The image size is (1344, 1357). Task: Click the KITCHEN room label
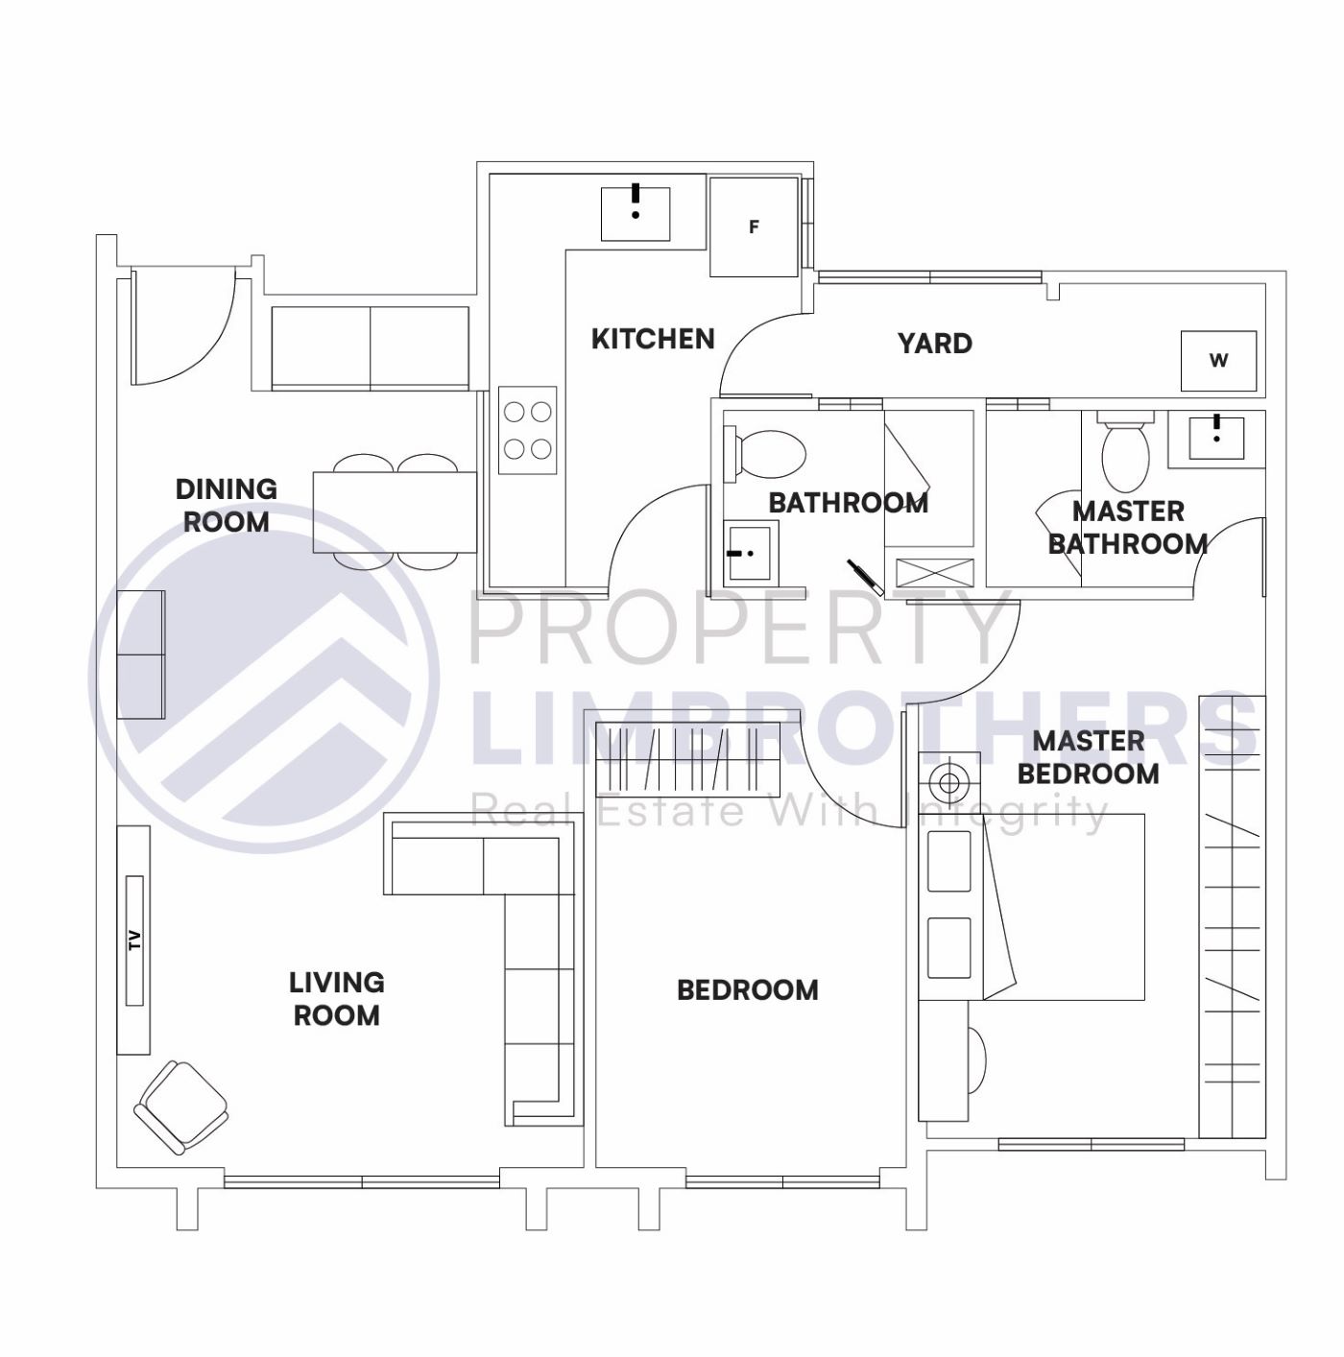click(653, 339)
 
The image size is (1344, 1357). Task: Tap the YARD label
click(934, 344)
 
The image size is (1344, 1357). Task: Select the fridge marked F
click(754, 227)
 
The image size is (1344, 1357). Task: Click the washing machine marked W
click(1218, 361)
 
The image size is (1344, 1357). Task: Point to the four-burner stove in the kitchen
click(527, 430)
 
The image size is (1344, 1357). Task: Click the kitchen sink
click(636, 214)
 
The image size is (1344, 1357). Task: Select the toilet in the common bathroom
click(768, 454)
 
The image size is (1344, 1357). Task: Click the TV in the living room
click(134, 940)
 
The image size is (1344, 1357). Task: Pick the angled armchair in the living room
click(181, 1107)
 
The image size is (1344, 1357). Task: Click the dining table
click(396, 512)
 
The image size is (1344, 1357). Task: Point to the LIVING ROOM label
click(337, 999)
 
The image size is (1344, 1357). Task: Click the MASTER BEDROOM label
click(1089, 757)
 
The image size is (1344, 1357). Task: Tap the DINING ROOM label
click(227, 506)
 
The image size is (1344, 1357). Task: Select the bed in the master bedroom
click(1061, 907)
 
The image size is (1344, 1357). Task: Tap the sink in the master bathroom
click(1216, 438)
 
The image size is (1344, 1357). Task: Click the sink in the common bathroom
click(751, 553)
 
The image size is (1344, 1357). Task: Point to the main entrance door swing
click(182, 326)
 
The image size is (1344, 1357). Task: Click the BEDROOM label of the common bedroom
click(748, 990)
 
